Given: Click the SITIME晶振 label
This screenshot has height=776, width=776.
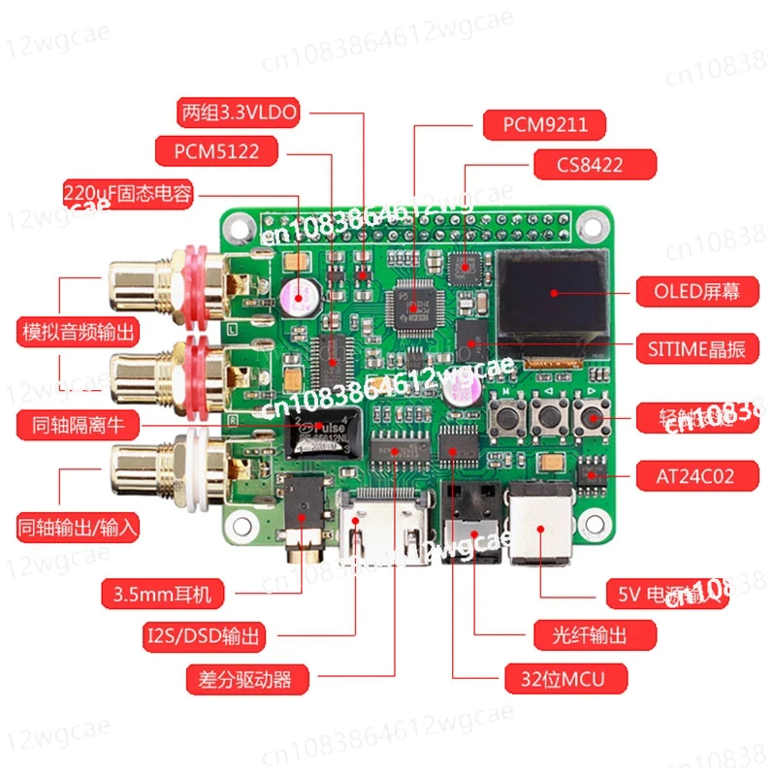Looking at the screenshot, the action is pyautogui.click(x=691, y=348).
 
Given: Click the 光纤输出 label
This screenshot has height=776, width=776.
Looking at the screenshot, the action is pyautogui.click(x=582, y=635).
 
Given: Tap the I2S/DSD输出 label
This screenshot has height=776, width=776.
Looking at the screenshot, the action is pyautogui.click(x=210, y=636).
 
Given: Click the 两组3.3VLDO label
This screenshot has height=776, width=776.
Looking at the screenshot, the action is pyautogui.click(x=238, y=112).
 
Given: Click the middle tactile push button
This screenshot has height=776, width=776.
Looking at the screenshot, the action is pyautogui.click(x=548, y=419).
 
